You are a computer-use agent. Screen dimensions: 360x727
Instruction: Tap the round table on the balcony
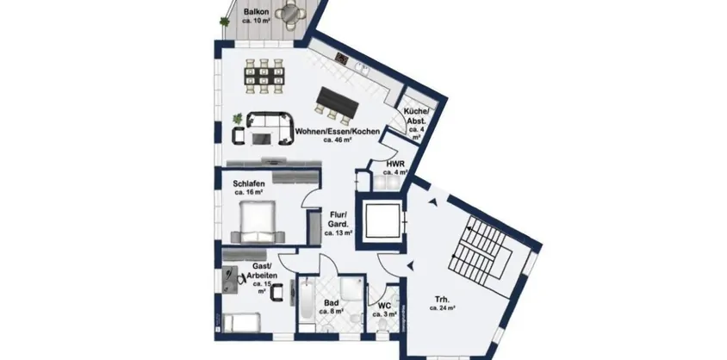pyautogui.click(x=294, y=15)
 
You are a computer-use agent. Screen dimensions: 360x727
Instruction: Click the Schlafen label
pyautogui.click(x=248, y=185)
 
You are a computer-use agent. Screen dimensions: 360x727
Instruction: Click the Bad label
pyautogui.click(x=330, y=307)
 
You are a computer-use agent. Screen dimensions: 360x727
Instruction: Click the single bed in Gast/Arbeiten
pyautogui.click(x=243, y=326)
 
